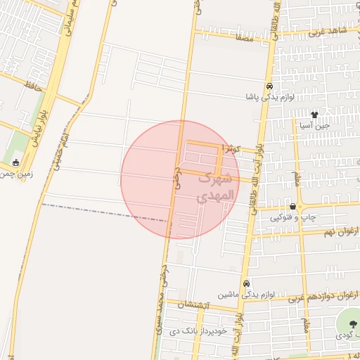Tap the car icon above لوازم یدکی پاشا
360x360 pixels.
pos(269,85)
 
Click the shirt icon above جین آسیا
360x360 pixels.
pos(314,114)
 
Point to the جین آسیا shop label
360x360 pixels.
pos(315,125)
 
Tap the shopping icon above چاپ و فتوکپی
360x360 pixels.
pos(292,206)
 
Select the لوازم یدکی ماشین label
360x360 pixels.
pos(239,294)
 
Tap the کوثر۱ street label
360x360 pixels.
pos(230,149)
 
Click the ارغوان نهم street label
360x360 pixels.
pos(342,231)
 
